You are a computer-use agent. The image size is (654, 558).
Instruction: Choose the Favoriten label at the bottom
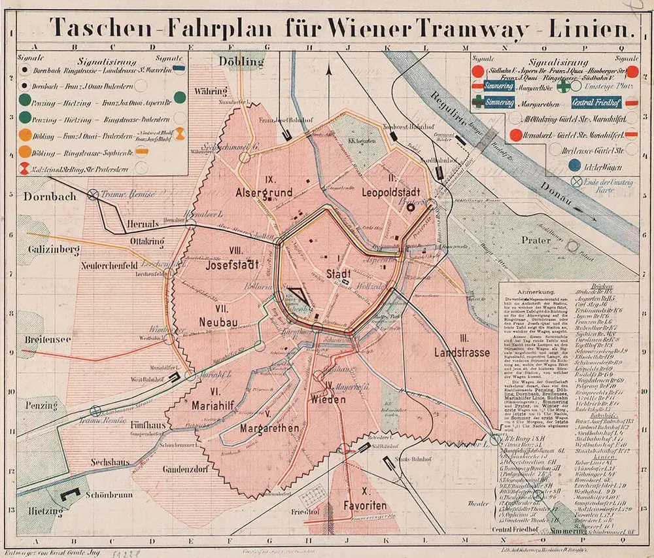(x=366, y=507)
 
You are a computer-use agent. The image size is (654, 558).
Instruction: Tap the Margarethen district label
(x=269, y=428)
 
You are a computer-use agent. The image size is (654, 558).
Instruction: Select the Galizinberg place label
(x=53, y=249)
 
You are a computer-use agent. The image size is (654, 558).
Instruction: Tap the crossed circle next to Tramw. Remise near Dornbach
(x=94, y=194)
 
